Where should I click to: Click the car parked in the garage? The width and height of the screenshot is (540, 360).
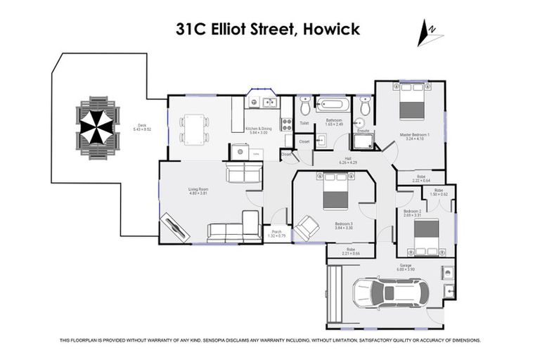point(387,294)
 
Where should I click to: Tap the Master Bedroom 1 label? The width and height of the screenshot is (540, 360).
point(414,136)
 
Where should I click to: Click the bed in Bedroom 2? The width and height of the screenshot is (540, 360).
point(426,236)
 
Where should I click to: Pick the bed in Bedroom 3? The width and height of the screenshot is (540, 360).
point(335,194)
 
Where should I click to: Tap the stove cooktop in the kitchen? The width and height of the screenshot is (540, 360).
point(286,124)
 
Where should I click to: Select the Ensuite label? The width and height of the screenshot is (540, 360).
point(364,131)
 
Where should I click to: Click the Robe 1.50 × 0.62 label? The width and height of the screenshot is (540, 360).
point(438,192)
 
